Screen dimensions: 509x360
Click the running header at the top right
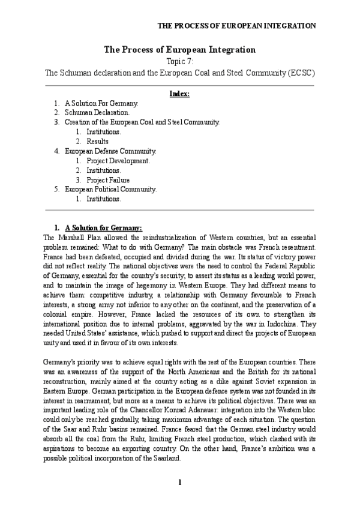[236, 26]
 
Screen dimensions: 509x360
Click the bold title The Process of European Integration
[180, 50]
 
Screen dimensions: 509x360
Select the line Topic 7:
[180, 61]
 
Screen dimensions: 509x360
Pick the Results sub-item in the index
[97, 141]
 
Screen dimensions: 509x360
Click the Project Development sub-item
[118, 160]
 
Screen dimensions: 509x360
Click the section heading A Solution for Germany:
[104, 228]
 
